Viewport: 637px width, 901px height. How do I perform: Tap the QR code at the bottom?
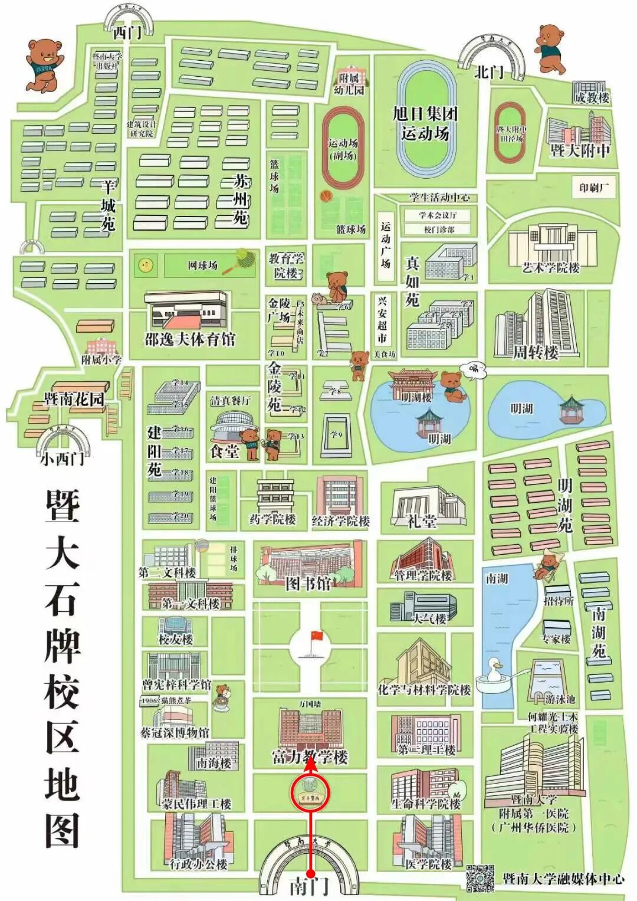tap(480, 877)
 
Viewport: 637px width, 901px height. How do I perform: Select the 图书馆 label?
tap(308, 584)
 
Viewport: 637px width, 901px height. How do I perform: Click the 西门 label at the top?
tap(127, 33)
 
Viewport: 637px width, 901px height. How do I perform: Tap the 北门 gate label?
tap(490, 72)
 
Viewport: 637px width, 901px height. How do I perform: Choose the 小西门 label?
tap(62, 458)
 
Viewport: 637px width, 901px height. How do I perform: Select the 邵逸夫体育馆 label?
tap(190, 339)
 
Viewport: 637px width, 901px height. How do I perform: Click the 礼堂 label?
tap(422, 521)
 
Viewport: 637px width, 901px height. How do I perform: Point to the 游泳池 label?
tap(560, 699)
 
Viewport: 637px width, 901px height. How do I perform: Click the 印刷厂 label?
tap(593, 188)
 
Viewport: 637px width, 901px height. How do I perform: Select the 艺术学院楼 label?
tap(551, 267)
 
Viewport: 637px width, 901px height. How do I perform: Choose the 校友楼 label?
tap(175, 639)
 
